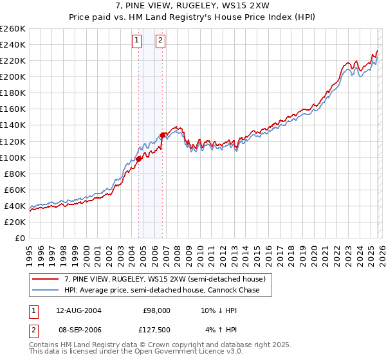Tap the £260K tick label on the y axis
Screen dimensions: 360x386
pyautogui.click(x=13, y=29)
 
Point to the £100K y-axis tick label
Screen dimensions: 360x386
pyautogui.click(x=13, y=157)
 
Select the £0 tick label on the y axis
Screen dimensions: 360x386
pyautogui.click(x=21, y=238)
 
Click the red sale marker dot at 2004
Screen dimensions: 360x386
pyautogui.click(x=138, y=159)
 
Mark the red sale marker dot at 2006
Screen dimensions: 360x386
pyautogui.click(x=162, y=135)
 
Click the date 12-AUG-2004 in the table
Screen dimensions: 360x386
pyautogui.click(x=78, y=310)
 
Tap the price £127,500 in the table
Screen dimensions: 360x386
pyautogui.click(x=156, y=330)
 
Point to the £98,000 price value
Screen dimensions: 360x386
pyautogui.click(x=157, y=310)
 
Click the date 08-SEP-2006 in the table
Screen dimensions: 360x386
pyautogui.click(x=78, y=330)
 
